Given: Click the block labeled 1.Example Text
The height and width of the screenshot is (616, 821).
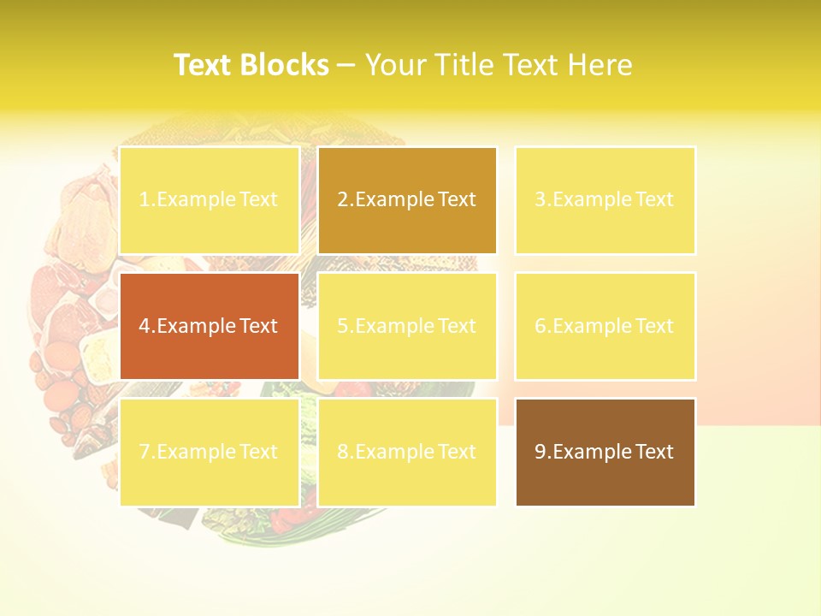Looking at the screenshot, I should click(x=210, y=200).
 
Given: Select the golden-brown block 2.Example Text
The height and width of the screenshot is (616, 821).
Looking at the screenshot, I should click(x=407, y=200).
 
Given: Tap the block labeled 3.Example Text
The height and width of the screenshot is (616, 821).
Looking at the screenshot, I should click(x=605, y=200).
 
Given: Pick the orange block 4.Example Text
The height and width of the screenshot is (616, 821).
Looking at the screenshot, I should click(x=210, y=326).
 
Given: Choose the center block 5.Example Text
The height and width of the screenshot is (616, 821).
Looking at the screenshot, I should click(x=407, y=326).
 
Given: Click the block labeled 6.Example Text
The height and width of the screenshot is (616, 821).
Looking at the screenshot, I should click(x=605, y=326).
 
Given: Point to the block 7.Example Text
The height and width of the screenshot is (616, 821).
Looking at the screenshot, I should click(x=210, y=452).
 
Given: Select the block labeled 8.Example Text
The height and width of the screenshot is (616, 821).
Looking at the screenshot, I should click(x=407, y=452).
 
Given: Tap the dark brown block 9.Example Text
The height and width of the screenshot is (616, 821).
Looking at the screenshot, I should click(x=605, y=452).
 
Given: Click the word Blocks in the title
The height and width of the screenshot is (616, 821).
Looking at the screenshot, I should click(x=286, y=65).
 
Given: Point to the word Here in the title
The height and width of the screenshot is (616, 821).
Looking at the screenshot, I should click(x=600, y=65).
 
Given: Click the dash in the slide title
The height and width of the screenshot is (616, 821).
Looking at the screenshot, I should click(x=346, y=65).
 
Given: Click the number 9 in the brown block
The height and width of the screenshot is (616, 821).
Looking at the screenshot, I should click(x=540, y=452).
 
